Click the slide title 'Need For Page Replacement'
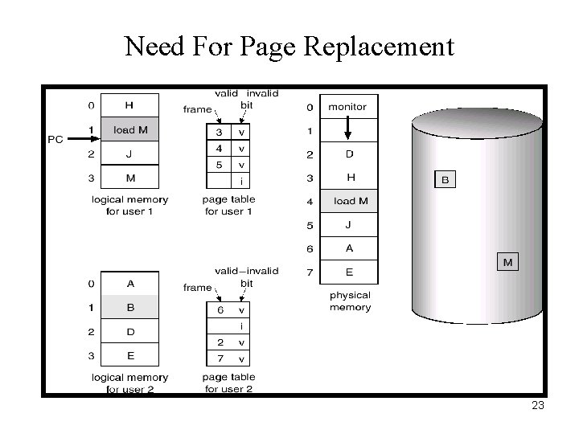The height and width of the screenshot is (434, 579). pos(289,46)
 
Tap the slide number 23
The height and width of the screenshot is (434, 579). pos(538,406)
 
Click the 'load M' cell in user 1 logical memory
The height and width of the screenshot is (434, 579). pos(129,129)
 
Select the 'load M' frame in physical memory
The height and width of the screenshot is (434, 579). pos(349,200)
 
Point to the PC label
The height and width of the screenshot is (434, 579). pos(55,139)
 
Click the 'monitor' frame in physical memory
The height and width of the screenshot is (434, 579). pos(348,106)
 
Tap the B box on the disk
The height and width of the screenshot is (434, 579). pos(445,180)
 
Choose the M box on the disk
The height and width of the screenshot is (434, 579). pos(507,262)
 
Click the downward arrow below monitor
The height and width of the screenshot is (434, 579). pos(348,129)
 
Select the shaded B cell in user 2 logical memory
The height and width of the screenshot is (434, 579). pos(129,306)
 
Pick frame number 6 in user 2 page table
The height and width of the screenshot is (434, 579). pos(219,309)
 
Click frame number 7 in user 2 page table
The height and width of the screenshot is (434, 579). pos(219,358)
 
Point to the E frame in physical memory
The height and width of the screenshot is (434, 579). pos(349,272)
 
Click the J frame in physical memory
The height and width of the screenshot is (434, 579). pos(349,224)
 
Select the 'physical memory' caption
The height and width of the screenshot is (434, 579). pos(350,301)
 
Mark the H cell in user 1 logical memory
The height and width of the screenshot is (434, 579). pos(129,105)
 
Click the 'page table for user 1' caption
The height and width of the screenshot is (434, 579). pos(229,205)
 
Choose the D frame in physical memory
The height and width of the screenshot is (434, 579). pos(349,153)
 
